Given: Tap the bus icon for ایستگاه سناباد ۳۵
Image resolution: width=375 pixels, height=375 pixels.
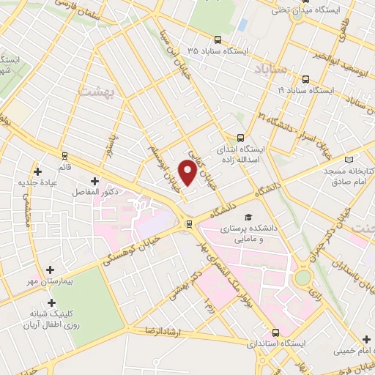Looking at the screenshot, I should [x=218, y=40].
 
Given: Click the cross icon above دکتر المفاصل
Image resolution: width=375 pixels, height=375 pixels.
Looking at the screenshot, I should [x=94, y=180].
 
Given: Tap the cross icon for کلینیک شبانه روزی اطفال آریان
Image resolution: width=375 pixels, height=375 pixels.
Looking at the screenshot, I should [x=51, y=302].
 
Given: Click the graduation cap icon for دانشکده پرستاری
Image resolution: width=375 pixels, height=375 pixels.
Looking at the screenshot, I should [x=248, y=218].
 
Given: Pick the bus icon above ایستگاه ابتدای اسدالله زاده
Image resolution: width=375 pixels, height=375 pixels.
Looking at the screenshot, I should [x=241, y=137].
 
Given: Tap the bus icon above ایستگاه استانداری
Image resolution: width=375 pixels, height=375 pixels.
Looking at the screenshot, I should [x=275, y=331].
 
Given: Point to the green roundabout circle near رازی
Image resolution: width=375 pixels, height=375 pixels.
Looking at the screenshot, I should [x=301, y=278].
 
